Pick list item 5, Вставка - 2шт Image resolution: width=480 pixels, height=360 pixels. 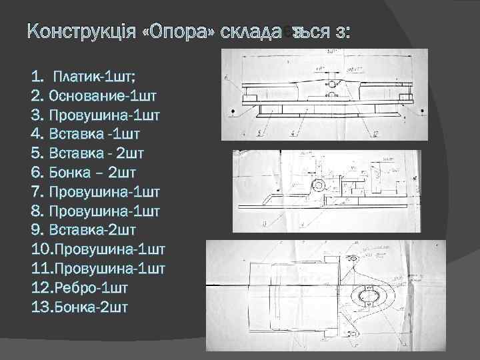tap(87, 153)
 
